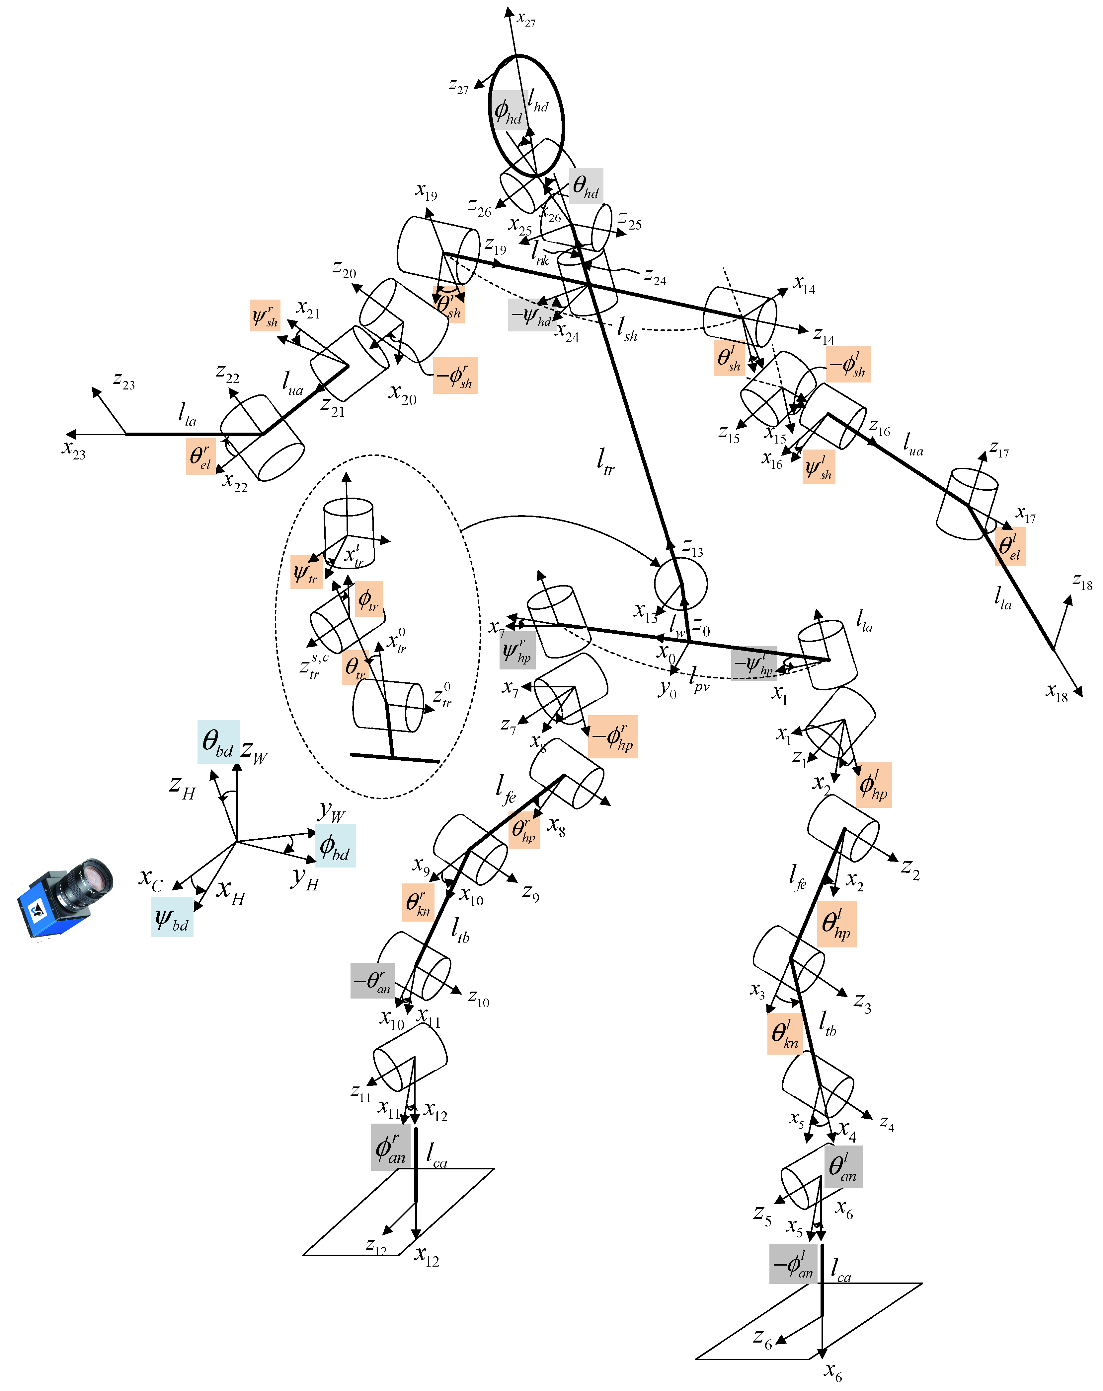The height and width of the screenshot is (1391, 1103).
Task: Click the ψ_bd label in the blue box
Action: tap(172, 918)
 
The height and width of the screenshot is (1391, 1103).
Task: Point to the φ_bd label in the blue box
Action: tap(335, 845)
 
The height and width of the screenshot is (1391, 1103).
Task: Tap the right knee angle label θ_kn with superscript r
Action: tap(418, 902)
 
